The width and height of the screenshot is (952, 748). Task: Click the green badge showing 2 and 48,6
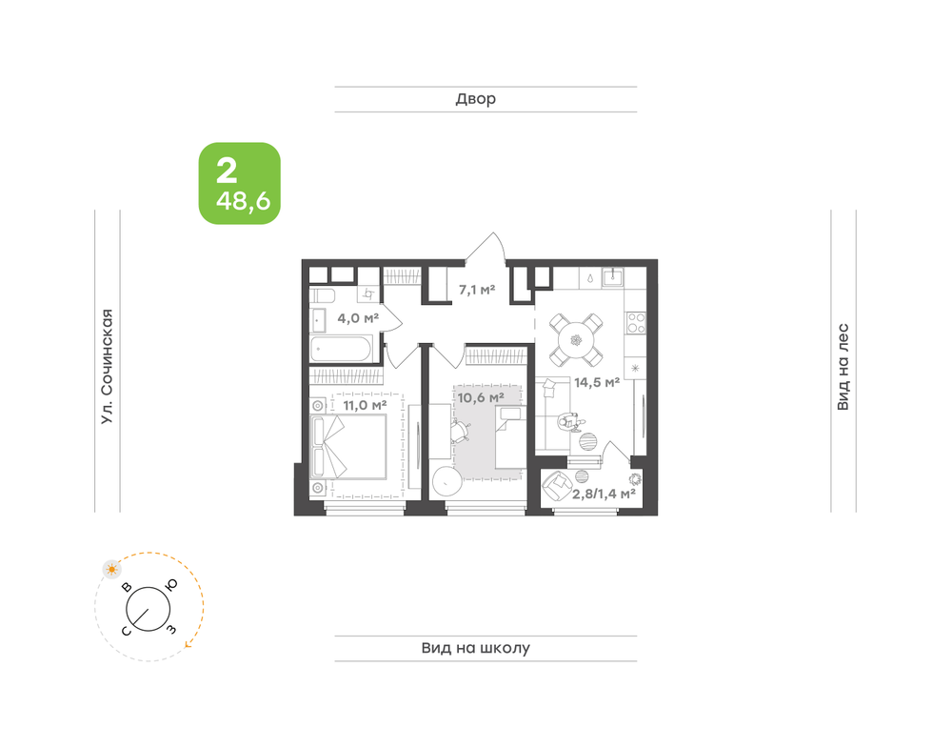(239, 184)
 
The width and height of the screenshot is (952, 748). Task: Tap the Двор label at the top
(475, 99)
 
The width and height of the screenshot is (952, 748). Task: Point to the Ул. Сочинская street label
(107, 367)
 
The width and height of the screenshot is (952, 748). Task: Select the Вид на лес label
(843, 367)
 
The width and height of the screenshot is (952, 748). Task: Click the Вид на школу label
(475, 648)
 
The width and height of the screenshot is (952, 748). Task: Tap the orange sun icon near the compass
(111, 570)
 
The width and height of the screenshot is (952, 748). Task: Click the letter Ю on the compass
(171, 584)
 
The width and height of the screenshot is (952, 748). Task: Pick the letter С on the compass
(127, 632)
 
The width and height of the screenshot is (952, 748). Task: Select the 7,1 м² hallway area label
(477, 290)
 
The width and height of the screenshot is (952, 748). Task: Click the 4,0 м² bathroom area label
(358, 318)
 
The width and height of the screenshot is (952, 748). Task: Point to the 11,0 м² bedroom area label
(365, 405)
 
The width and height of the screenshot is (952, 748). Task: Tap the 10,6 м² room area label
(481, 397)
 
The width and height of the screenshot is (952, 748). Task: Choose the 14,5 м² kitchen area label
(597, 382)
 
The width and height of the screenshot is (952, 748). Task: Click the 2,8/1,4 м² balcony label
(604, 494)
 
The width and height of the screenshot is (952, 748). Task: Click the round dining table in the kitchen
(576, 340)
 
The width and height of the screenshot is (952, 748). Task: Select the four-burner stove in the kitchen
(636, 323)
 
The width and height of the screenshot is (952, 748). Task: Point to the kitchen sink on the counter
(612, 277)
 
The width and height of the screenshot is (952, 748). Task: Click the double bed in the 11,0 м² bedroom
(347, 447)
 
